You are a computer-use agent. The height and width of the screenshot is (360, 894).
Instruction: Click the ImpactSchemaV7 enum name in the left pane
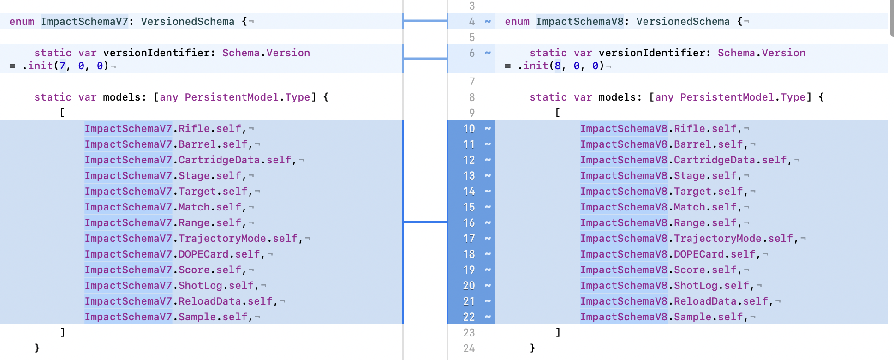[x=84, y=21]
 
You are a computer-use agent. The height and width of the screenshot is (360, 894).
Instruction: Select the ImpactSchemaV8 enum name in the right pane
[x=580, y=21]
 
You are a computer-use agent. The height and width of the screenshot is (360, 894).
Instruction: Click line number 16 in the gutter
[x=469, y=223]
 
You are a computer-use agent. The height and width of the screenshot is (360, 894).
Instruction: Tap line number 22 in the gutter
[x=469, y=317]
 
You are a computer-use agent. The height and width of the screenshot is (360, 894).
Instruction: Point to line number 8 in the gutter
[x=472, y=97]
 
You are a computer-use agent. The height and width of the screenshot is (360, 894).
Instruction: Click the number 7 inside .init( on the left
[x=62, y=66]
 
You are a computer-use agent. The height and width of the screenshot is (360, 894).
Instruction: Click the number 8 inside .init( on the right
[x=558, y=66]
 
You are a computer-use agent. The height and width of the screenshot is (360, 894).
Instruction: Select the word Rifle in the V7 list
[x=194, y=129]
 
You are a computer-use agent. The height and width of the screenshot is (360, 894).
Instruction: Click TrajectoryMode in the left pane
[x=222, y=239]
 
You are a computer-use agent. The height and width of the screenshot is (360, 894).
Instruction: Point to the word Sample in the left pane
[x=197, y=317]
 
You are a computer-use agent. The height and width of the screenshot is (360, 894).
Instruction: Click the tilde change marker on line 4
[x=488, y=22]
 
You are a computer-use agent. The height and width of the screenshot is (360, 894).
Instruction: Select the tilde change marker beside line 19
[x=488, y=270]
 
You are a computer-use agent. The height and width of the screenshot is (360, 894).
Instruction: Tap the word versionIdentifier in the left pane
[x=156, y=53]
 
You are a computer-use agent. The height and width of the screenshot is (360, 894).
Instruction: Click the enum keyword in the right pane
[x=517, y=22]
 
